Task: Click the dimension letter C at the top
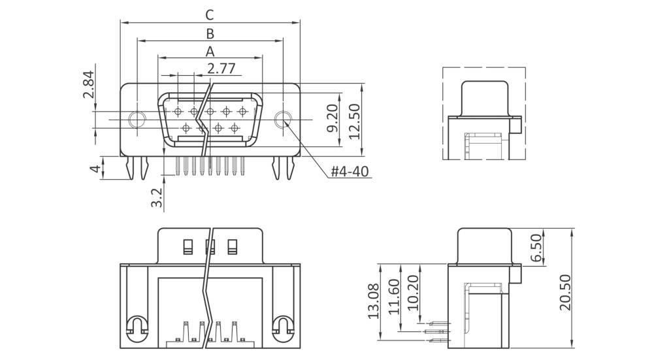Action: click(x=209, y=14)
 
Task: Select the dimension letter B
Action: click(x=210, y=33)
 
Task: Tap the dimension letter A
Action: click(x=210, y=50)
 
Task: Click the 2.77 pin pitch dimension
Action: click(x=221, y=67)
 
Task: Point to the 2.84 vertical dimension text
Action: click(x=89, y=85)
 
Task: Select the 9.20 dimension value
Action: click(x=333, y=118)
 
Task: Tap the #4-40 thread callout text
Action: click(x=350, y=172)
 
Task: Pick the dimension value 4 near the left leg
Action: click(x=95, y=169)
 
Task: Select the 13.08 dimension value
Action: click(x=373, y=301)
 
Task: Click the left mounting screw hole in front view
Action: click(x=138, y=120)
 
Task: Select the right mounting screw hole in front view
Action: click(x=282, y=120)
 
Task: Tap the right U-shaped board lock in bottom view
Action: click(x=284, y=325)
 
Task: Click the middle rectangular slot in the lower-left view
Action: click(x=210, y=246)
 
